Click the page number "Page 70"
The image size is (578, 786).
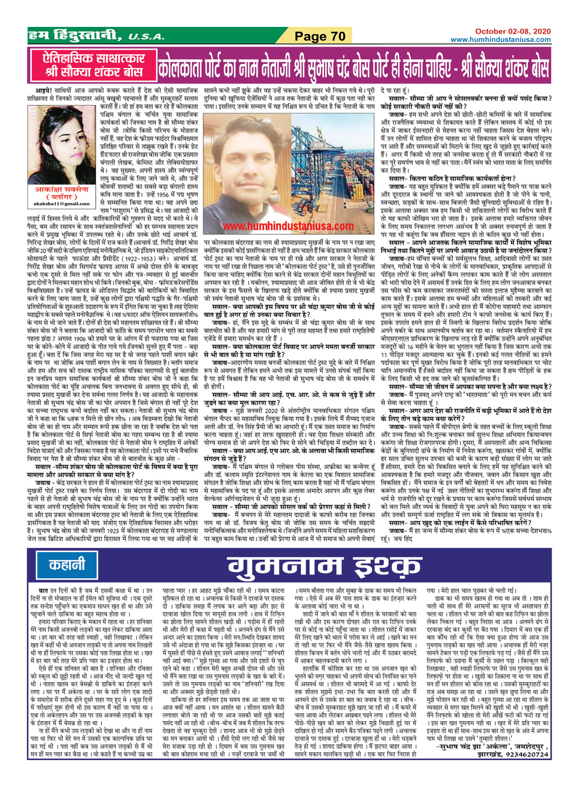coord(319,36)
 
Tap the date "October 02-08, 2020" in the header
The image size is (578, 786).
coord(513,32)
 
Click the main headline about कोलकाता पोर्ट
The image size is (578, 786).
coord(354,64)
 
